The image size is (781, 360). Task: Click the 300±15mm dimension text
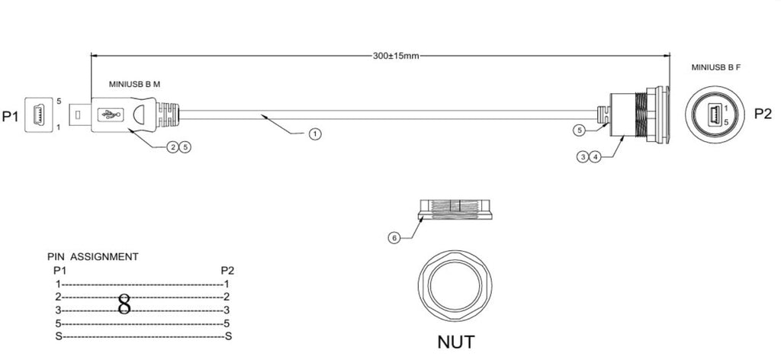click(x=396, y=56)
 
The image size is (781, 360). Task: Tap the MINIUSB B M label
click(x=134, y=84)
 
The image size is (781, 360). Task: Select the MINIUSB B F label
click(x=715, y=67)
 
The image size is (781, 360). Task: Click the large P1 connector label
click(x=11, y=117)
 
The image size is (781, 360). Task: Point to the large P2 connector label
click(x=763, y=114)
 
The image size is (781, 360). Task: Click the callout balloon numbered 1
click(x=315, y=133)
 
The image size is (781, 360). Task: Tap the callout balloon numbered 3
click(x=583, y=157)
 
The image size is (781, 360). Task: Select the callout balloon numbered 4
click(x=595, y=157)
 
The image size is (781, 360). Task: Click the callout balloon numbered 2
click(x=172, y=147)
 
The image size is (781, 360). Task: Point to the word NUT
click(x=456, y=342)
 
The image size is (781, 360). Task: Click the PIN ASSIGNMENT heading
click(x=92, y=257)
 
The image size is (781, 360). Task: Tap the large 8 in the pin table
click(x=124, y=304)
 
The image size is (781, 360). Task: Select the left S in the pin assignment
click(x=58, y=336)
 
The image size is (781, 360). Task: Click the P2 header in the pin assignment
click(x=227, y=270)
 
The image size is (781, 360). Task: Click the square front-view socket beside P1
click(x=38, y=114)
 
